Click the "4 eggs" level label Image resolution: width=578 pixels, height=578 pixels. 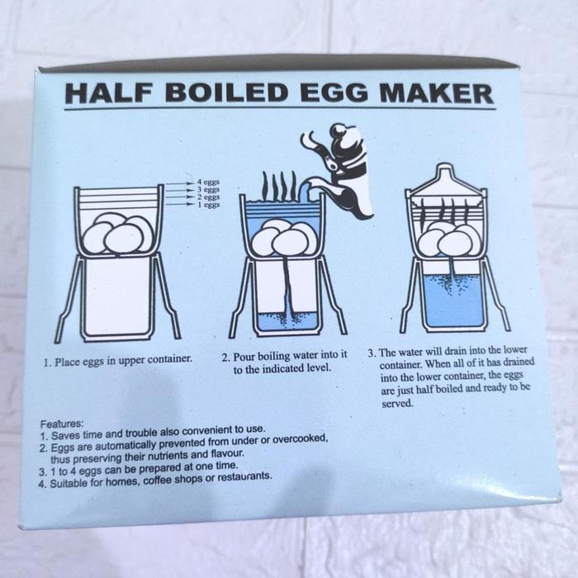tap(207, 181)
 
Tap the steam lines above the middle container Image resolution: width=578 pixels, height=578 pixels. tap(278, 185)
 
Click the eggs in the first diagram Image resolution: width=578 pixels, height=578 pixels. tap(117, 235)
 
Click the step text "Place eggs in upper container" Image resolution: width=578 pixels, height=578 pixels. tap(118, 360)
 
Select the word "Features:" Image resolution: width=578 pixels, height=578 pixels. tap(61, 421)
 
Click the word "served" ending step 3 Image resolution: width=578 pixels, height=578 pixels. tap(396, 405)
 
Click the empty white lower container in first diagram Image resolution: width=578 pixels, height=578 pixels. tap(118, 293)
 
